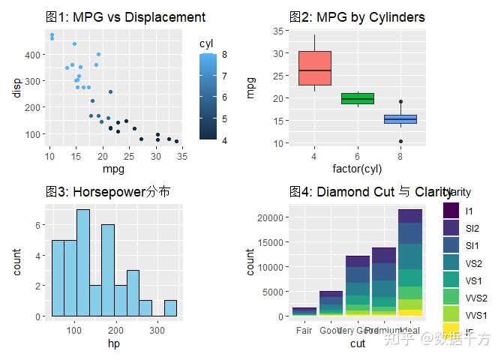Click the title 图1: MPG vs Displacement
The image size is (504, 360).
[x=124, y=17]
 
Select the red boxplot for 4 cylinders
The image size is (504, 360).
[x=315, y=68]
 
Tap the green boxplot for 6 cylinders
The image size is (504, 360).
[x=358, y=98]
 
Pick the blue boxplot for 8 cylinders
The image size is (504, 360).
[x=400, y=119]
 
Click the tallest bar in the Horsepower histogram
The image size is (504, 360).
[x=82, y=262]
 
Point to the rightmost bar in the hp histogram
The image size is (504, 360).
[x=170, y=308]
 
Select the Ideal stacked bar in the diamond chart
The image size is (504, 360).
[x=410, y=262]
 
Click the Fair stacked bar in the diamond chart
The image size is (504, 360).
[x=304, y=311]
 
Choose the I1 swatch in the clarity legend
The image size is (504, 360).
[x=451, y=211]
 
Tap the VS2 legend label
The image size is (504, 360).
[x=474, y=263]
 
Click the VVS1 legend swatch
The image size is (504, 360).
[x=451, y=315]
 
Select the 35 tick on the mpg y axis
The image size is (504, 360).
[x=277, y=31]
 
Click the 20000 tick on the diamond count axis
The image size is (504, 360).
[x=273, y=217]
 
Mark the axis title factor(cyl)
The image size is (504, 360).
[x=357, y=169]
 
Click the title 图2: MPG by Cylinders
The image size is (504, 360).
[x=357, y=17]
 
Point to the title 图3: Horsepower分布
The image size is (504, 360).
[x=107, y=192]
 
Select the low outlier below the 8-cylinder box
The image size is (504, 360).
[x=400, y=141]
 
